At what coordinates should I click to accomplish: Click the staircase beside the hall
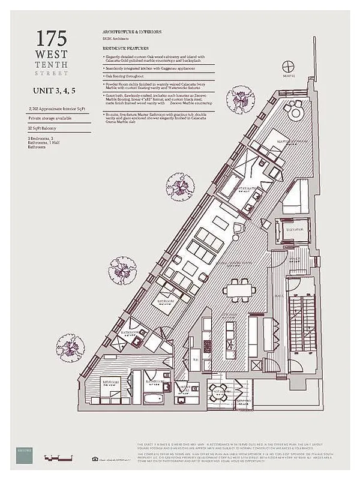point(301,324)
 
